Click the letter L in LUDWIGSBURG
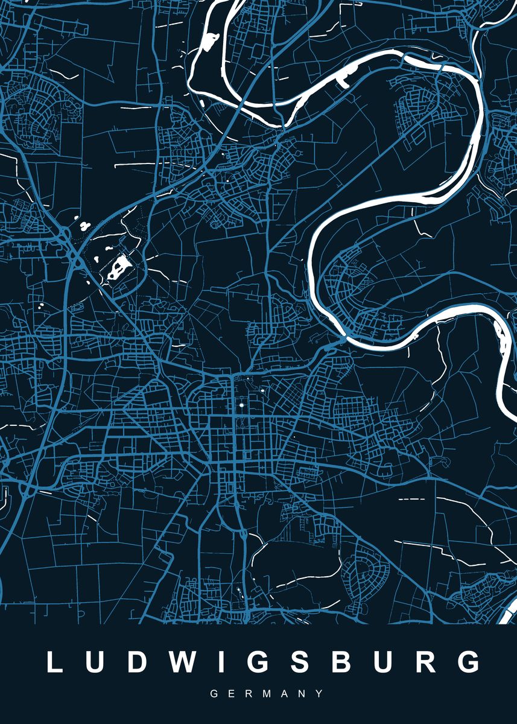(x=55, y=662)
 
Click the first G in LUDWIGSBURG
(x=250, y=662)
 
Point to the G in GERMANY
(x=214, y=694)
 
